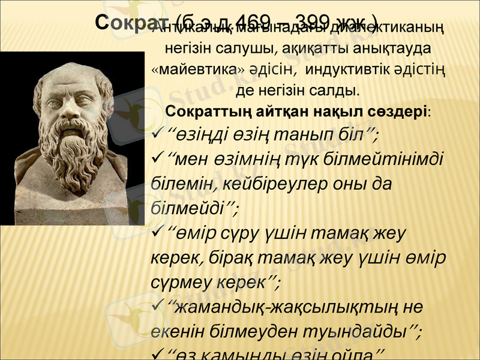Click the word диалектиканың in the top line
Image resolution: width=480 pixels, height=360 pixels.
tap(392, 28)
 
